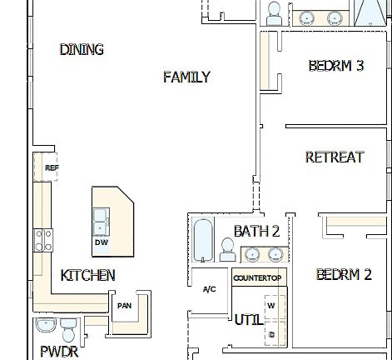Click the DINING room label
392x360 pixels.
coord(82,50)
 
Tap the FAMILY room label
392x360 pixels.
coord(186,77)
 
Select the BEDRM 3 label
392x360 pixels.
coord(336,66)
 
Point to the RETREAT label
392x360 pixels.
coord(335,157)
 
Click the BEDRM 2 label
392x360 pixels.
coord(344,274)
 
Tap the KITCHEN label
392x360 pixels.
coord(87,275)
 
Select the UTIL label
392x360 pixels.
coord(248,319)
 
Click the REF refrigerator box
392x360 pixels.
coord(52,167)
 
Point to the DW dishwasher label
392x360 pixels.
coord(102,242)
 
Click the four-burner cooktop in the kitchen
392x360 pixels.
coord(42,241)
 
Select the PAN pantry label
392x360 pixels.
coord(124,306)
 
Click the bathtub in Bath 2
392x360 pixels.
coord(204,239)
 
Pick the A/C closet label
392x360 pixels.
coord(210,289)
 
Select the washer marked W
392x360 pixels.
coord(271,306)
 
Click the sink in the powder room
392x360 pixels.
coord(45,325)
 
